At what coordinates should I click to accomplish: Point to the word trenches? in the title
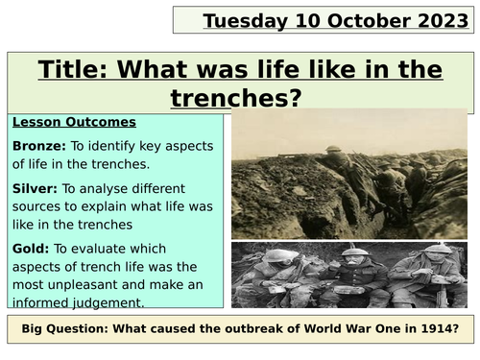224,97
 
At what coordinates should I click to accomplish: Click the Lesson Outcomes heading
60,123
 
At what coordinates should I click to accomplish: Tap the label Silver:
35,189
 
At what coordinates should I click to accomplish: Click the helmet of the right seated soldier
444,252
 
